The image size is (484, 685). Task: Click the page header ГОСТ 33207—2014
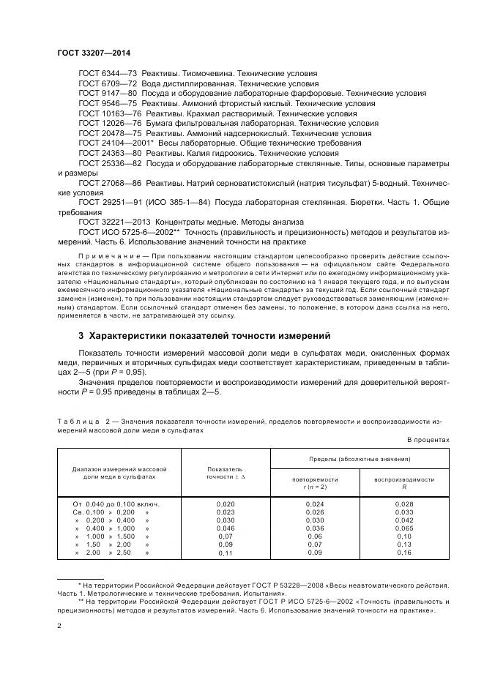(94, 53)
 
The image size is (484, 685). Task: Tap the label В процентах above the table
(427, 440)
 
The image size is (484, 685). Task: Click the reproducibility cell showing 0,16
(403, 553)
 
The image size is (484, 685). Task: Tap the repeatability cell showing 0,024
(314, 504)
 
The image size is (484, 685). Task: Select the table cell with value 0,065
(403, 528)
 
